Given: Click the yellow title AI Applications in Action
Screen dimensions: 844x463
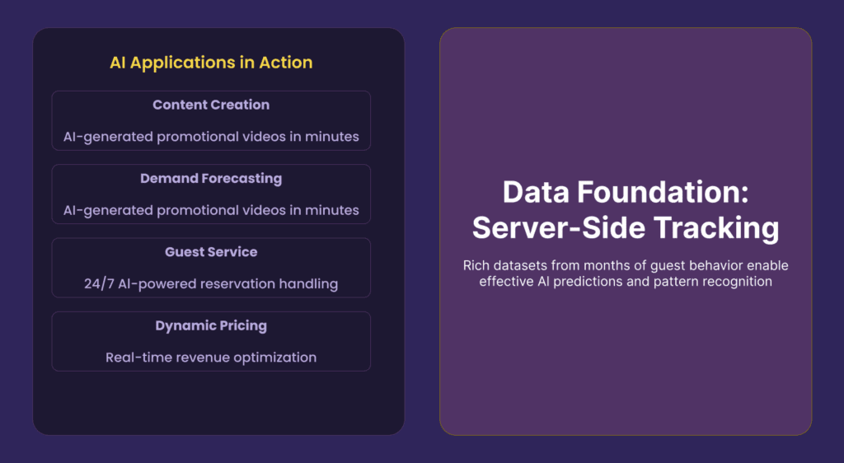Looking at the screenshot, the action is click(211, 63).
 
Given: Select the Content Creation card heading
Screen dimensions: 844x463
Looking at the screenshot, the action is click(211, 105).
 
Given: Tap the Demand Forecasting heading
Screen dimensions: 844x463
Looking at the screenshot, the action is click(211, 179).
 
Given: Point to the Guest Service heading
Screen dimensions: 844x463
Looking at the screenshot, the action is click(211, 251).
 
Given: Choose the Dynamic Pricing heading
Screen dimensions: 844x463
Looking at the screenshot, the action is click(211, 326).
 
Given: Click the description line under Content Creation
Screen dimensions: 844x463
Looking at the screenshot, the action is click(211, 137).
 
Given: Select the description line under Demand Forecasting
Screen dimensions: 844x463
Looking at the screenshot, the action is click(211, 210).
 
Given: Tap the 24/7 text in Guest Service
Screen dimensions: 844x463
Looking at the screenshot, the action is click(99, 284).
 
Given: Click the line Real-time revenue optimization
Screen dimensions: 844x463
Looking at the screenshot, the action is click(211, 358).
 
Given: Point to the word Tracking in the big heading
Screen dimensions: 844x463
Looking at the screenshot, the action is click(716, 228).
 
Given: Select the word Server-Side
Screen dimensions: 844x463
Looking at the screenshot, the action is click(559, 227).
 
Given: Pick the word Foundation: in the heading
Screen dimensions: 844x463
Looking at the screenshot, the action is click(663, 192).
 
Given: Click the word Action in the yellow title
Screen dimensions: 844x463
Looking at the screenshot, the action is click(286, 63).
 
